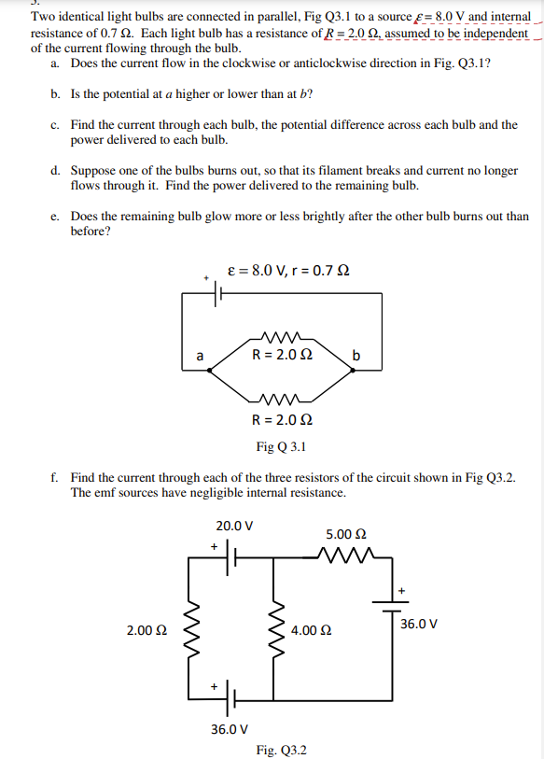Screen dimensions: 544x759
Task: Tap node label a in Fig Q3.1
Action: (198, 355)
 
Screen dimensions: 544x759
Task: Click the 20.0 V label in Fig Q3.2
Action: (233, 526)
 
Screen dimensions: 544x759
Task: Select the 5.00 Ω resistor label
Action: (344, 534)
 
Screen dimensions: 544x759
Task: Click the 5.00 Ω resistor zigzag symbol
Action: (345, 558)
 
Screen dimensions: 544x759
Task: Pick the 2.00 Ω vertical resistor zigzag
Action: (193, 630)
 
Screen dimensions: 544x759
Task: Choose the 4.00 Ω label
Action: (310, 631)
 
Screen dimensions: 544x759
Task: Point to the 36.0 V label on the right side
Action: (419, 623)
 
